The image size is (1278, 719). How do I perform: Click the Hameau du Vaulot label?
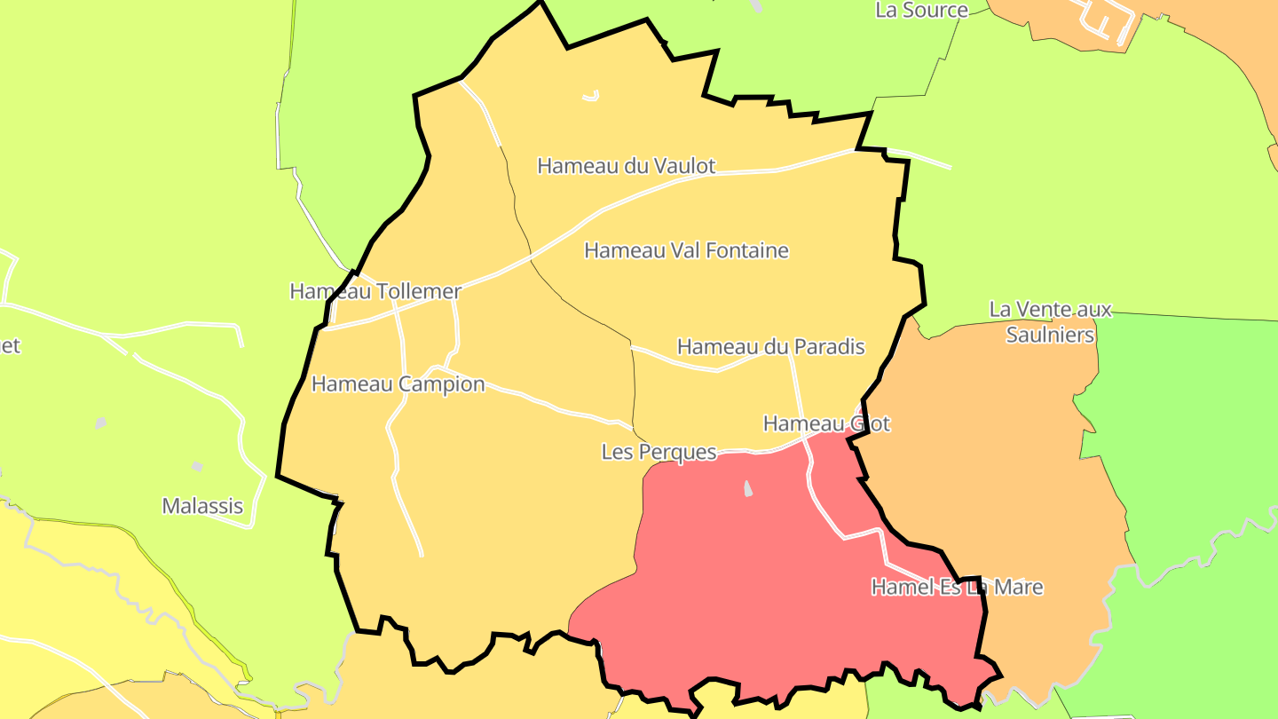[626, 166]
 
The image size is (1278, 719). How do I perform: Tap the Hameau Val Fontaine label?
[686, 250]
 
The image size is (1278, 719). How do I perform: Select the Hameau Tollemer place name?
[375, 291]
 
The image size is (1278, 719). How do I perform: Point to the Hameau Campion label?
[398, 384]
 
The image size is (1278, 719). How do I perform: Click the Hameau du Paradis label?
[770, 346]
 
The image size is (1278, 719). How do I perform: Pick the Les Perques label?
[659, 452]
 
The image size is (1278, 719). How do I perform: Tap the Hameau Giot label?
[826, 423]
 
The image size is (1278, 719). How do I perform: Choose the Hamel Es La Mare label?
[957, 587]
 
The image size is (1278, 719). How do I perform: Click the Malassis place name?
[202, 506]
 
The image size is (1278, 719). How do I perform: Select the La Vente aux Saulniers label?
[1051, 321]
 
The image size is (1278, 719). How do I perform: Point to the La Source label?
[921, 11]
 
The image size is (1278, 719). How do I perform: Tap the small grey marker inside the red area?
[748, 488]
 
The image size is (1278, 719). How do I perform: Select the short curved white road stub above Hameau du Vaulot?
[592, 96]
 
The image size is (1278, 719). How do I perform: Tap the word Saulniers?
[1051, 335]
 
